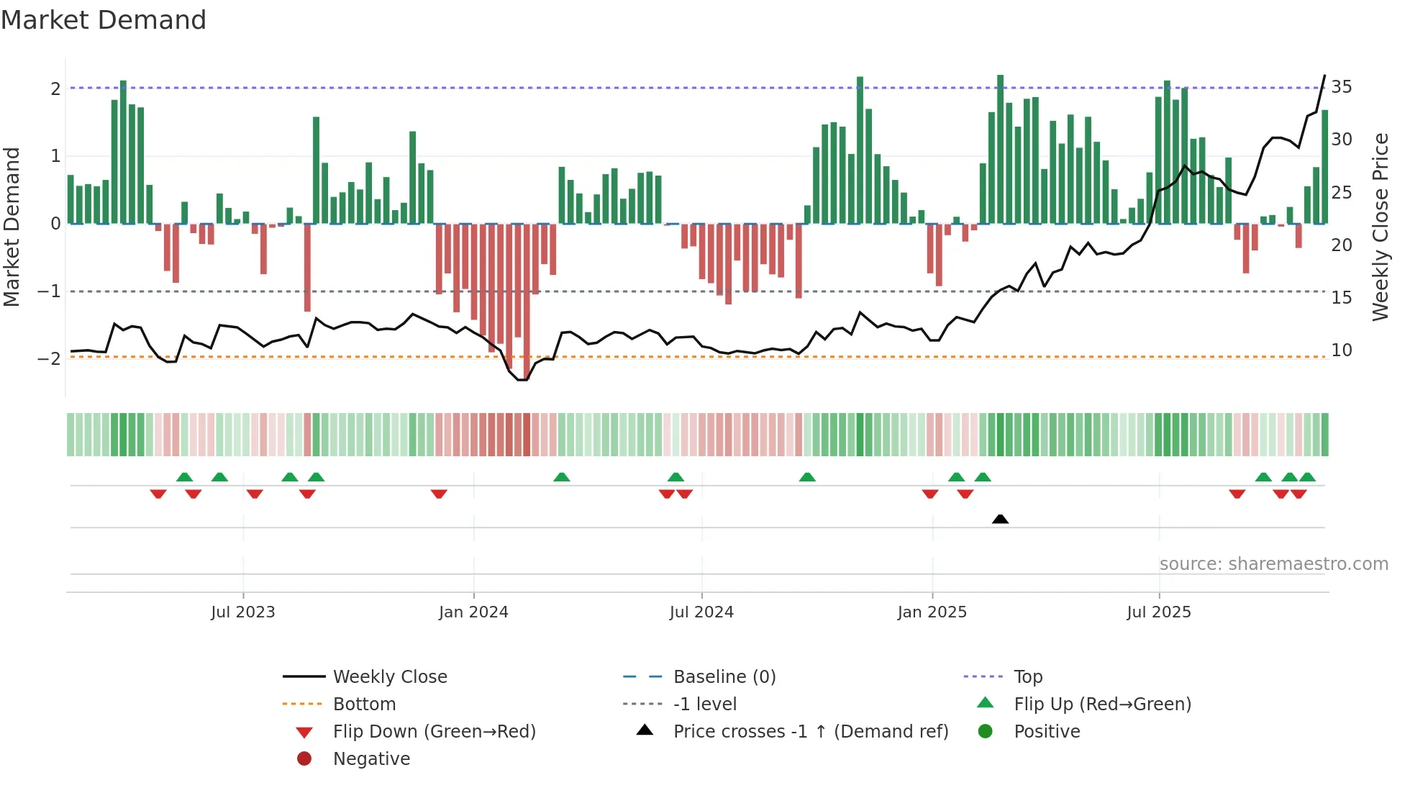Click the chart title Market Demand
tap(104, 20)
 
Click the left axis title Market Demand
tap(12, 227)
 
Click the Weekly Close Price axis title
tap(1380, 227)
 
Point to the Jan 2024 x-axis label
tap(473, 612)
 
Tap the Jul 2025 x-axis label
tap(1158, 612)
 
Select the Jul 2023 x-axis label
tap(243, 612)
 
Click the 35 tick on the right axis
tap(1341, 87)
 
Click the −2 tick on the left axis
tap(50, 358)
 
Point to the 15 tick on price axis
tap(1341, 297)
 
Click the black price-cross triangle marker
tap(1000, 519)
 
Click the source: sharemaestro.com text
tap(1273, 564)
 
